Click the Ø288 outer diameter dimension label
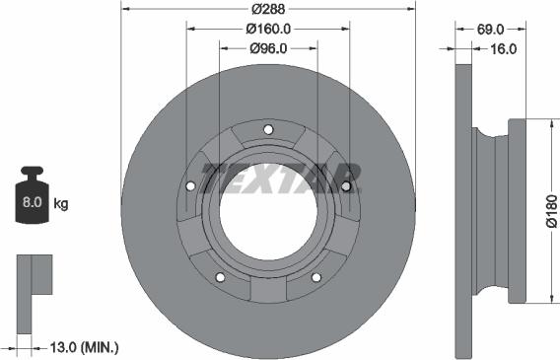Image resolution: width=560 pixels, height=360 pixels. [268, 8]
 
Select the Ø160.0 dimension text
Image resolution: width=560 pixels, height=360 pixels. [268, 29]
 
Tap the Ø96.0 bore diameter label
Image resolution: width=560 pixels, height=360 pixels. [268, 47]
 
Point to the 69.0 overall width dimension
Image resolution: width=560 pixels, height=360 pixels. [491, 30]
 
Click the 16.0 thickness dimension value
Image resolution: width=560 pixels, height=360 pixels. [504, 47]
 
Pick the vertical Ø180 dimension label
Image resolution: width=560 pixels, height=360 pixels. [551, 212]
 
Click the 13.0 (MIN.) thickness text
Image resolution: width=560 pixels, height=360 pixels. [84, 346]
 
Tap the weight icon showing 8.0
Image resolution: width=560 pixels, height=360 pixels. [31, 202]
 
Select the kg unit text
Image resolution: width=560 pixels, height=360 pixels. [61, 204]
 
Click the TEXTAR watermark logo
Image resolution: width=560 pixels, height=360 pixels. [281, 178]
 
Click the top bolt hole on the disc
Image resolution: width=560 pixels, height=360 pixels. [268, 129]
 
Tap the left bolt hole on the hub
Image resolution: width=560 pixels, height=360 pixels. [190, 185]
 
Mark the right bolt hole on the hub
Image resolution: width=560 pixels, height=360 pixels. [346, 185]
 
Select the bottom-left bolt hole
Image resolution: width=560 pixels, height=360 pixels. [220, 276]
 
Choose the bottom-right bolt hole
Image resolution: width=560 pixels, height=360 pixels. [316, 276]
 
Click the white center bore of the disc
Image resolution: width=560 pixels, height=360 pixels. [268, 211]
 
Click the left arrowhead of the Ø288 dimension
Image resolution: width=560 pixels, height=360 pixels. [124, 8]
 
